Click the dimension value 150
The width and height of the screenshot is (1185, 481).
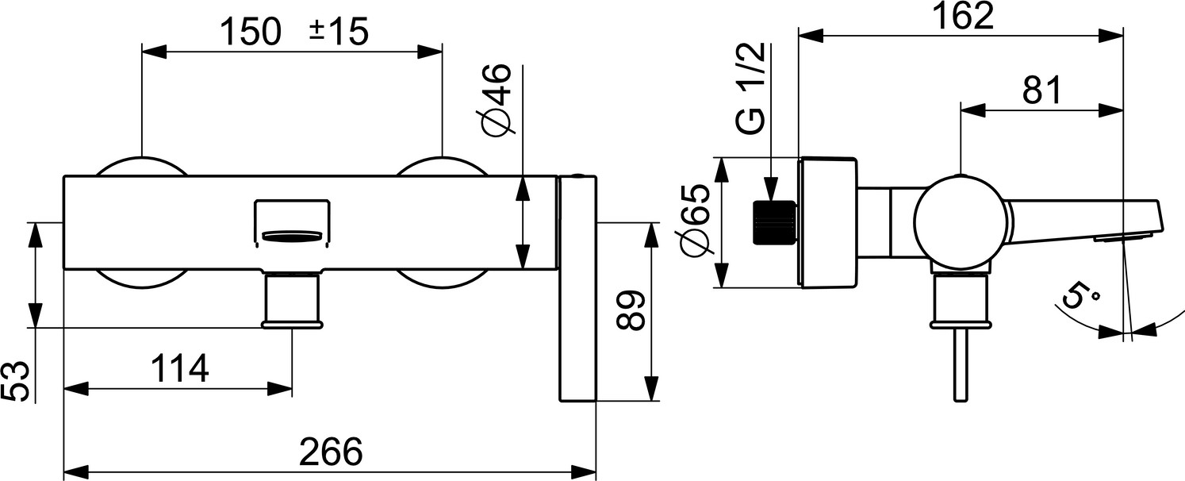(250, 33)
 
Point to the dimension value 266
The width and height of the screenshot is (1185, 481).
(331, 452)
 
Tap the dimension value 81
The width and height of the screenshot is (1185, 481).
(1041, 92)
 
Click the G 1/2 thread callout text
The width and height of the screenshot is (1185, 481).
(751, 88)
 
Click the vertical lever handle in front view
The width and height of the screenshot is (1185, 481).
(577, 290)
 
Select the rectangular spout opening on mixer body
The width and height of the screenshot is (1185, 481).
(293, 220)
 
